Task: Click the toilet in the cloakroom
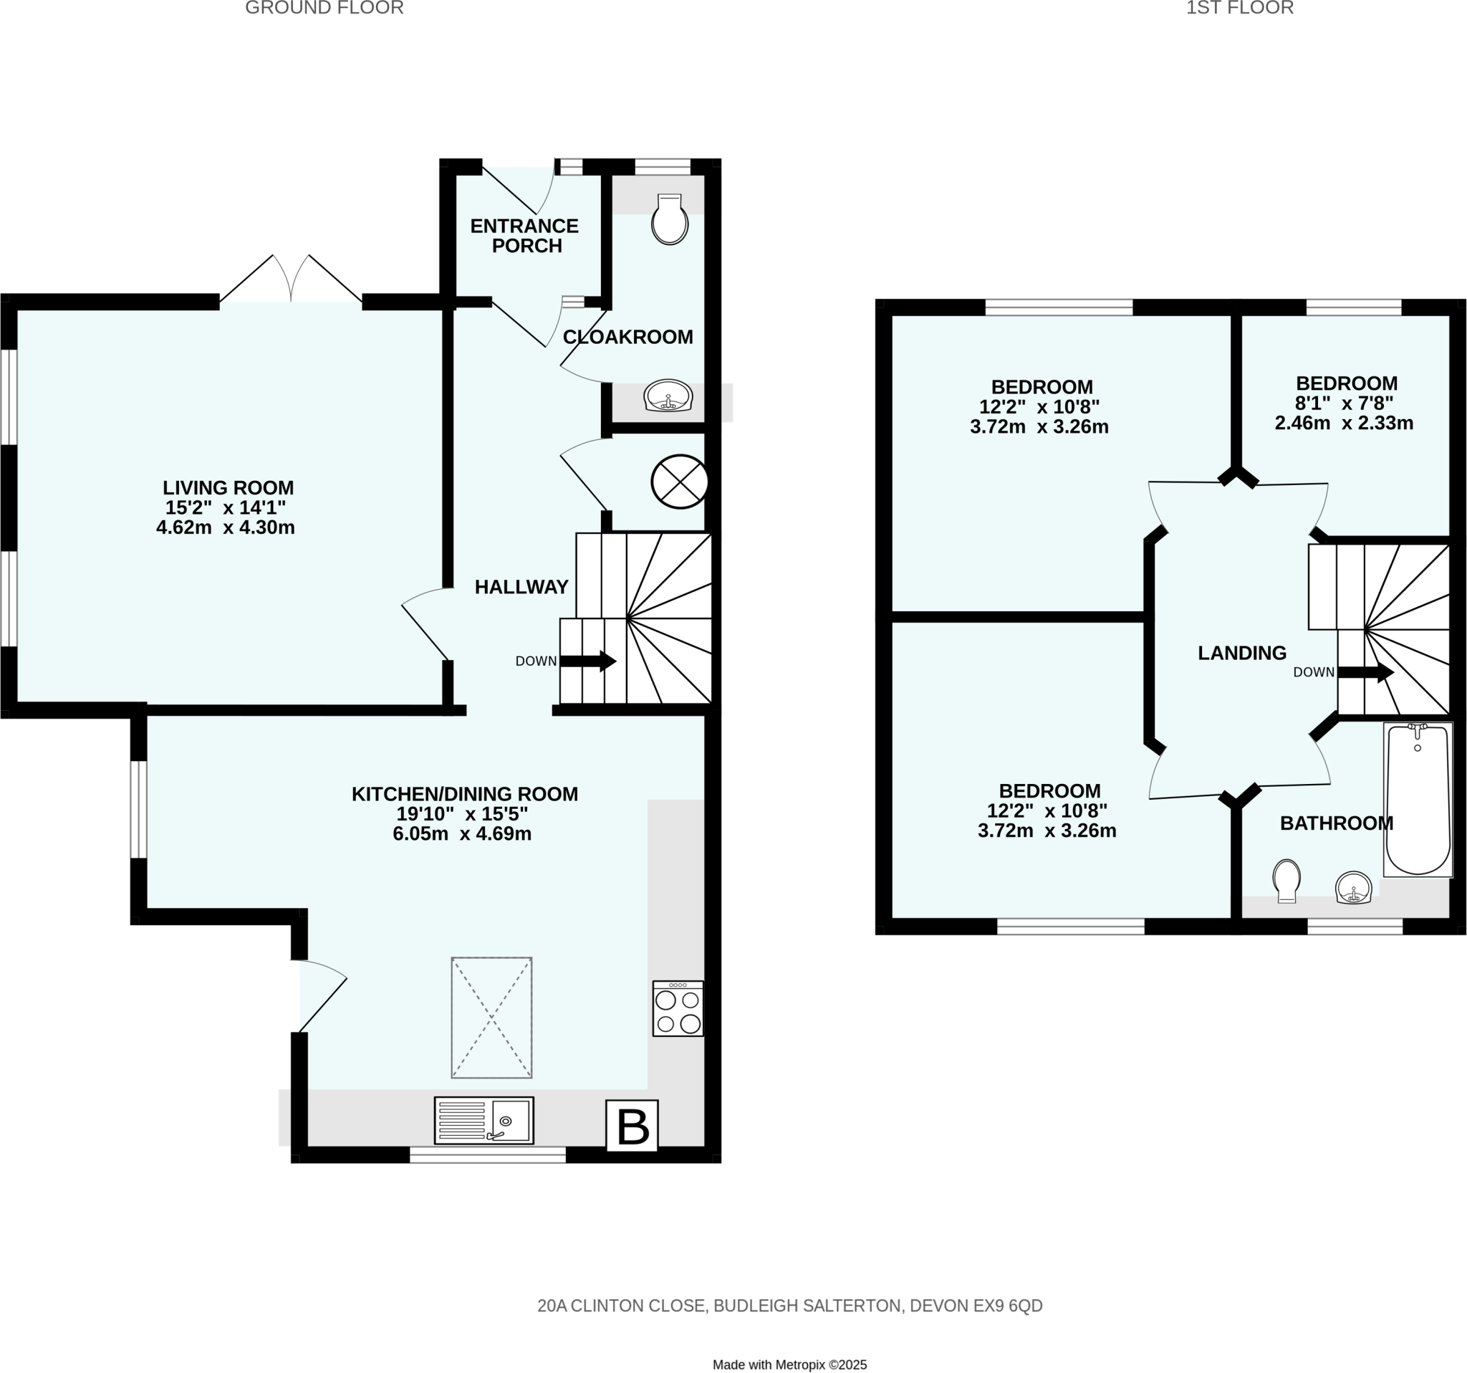669,219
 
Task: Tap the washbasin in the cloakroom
668,396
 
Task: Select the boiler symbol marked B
632,1125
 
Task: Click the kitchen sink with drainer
484,1120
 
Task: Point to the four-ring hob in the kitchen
678,1008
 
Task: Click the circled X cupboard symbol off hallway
679,482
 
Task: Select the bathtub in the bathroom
1417,800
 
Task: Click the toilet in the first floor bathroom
1286,880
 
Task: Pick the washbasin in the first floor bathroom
1353,887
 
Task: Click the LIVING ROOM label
228,487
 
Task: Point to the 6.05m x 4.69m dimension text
462,834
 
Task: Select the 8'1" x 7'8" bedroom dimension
1345,403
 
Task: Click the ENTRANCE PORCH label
524,236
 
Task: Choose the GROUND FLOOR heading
324,8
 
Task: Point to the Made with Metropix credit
789,1344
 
